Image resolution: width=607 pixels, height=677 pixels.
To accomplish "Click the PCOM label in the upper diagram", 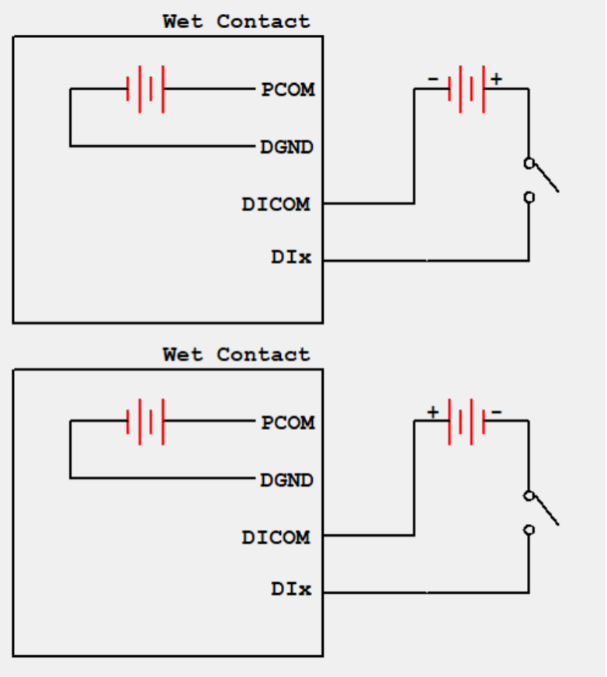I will tap(288, 89).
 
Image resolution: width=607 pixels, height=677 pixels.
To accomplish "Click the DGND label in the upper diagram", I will tap(286, 146).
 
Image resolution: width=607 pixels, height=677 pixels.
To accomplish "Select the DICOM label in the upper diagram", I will tap(276, 204).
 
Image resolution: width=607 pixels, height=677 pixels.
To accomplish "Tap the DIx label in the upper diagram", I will tap(291, 258).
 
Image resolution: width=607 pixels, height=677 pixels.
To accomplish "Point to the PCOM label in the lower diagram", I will tap(288, 422).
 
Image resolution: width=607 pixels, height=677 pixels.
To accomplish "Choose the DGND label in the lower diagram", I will tap(286, 480).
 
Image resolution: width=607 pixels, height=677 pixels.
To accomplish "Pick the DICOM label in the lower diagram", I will tap(276, 536).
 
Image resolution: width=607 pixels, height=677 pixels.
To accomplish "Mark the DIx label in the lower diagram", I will tap(291, 589).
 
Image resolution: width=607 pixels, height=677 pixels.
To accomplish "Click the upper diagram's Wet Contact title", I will tap(236, 21).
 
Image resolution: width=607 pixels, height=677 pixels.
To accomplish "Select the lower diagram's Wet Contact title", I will tap(236, 354).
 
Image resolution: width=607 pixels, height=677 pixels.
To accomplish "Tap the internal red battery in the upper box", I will tap(146, 89).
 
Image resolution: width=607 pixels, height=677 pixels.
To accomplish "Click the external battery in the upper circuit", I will tap(467, 89).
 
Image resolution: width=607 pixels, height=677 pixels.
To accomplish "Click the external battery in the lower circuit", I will tap(467, 422).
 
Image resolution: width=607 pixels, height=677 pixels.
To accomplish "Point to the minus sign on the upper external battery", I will tap(433, 78).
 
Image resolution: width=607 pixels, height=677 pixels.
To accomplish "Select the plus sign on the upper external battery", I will tap(496, 78).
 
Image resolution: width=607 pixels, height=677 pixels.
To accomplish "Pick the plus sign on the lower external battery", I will tap(432, 411).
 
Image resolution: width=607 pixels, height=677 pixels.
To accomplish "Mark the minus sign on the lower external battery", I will tap(497, 411).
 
